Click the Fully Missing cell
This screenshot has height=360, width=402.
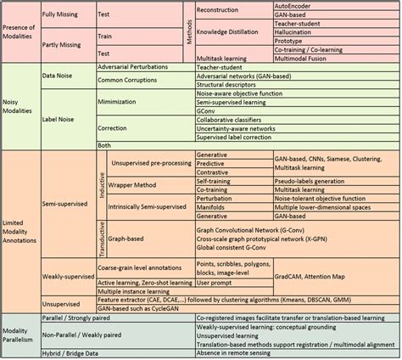pos(63,14)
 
